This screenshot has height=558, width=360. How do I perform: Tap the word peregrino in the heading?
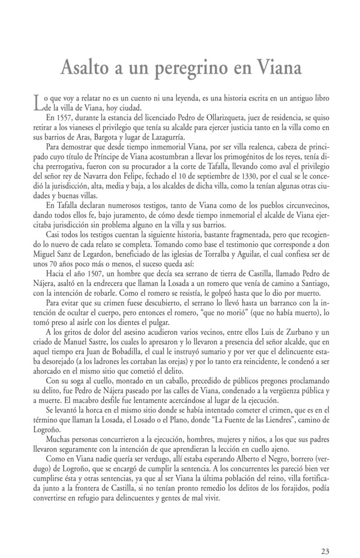pyautogui.click(x=200, y=70)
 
